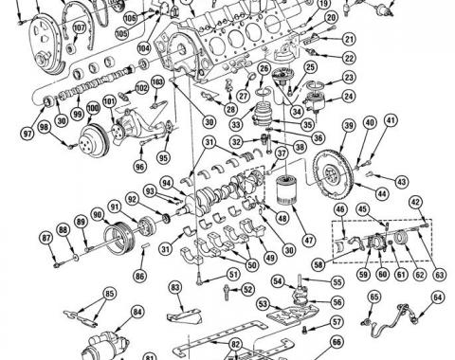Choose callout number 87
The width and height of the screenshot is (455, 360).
coord(46,237)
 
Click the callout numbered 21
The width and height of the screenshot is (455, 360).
coord(348,40)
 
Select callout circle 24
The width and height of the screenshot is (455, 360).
coord(349,96)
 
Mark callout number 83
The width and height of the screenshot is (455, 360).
coord(174,286)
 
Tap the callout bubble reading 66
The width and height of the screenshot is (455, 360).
coord(336,343)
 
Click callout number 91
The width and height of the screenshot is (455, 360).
coord(114,206)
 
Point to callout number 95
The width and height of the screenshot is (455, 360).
coord(164,157)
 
